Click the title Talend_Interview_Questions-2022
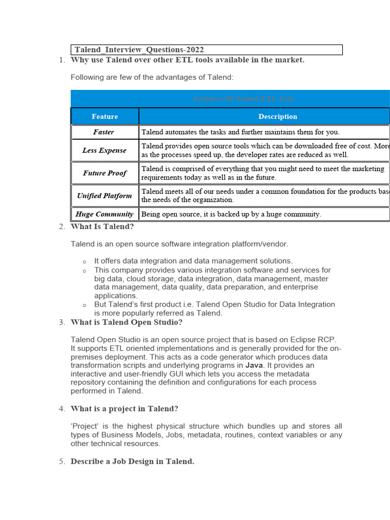[139, 49]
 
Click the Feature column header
[105, 116]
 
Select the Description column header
[277, 116]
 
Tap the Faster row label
[104, 132]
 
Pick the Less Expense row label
[105, 150]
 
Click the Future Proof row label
[105, 173]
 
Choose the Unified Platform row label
[104, 196]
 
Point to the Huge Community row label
[105, 214]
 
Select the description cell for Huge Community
[231, 214]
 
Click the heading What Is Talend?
[102, 226]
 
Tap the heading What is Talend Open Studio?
[126, 322]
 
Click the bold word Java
[254, 365]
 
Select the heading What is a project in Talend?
[124, 409]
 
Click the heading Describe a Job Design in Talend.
[132, 462]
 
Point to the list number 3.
[61, 322]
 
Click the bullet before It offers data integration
[85, 262]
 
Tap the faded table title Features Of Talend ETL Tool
[244, 99]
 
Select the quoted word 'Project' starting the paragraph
[84, 426]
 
